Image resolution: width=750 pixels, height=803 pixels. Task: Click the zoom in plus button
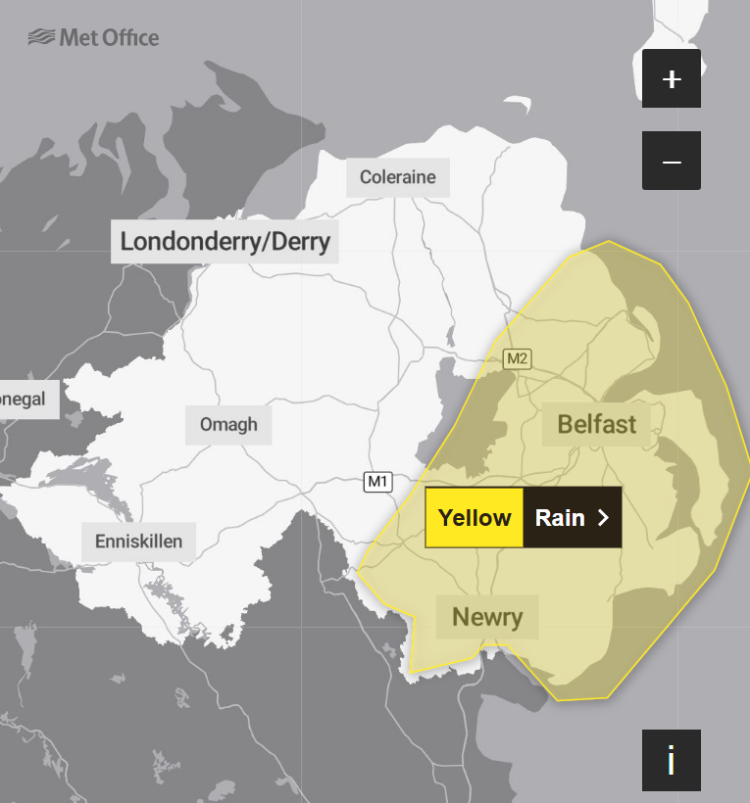672,78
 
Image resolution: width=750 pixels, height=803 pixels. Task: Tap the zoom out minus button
672,161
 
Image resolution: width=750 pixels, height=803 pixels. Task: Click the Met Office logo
93,38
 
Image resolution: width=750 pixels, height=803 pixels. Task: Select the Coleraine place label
397,177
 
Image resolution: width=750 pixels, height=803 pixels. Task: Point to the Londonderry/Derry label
225,241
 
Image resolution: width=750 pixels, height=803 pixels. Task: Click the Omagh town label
228,424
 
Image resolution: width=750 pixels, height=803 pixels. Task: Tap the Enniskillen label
138,541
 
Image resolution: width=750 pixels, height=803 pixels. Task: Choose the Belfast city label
596,424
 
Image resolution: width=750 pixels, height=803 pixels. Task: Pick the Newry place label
487,617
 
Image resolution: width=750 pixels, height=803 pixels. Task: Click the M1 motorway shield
378,482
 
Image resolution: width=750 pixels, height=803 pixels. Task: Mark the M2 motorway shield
517,358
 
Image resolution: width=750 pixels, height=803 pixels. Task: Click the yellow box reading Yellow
475,517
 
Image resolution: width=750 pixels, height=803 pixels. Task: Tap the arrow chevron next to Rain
603,517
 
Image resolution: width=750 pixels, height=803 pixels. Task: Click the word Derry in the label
296,241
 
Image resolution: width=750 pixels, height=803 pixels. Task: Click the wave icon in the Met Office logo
41,38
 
